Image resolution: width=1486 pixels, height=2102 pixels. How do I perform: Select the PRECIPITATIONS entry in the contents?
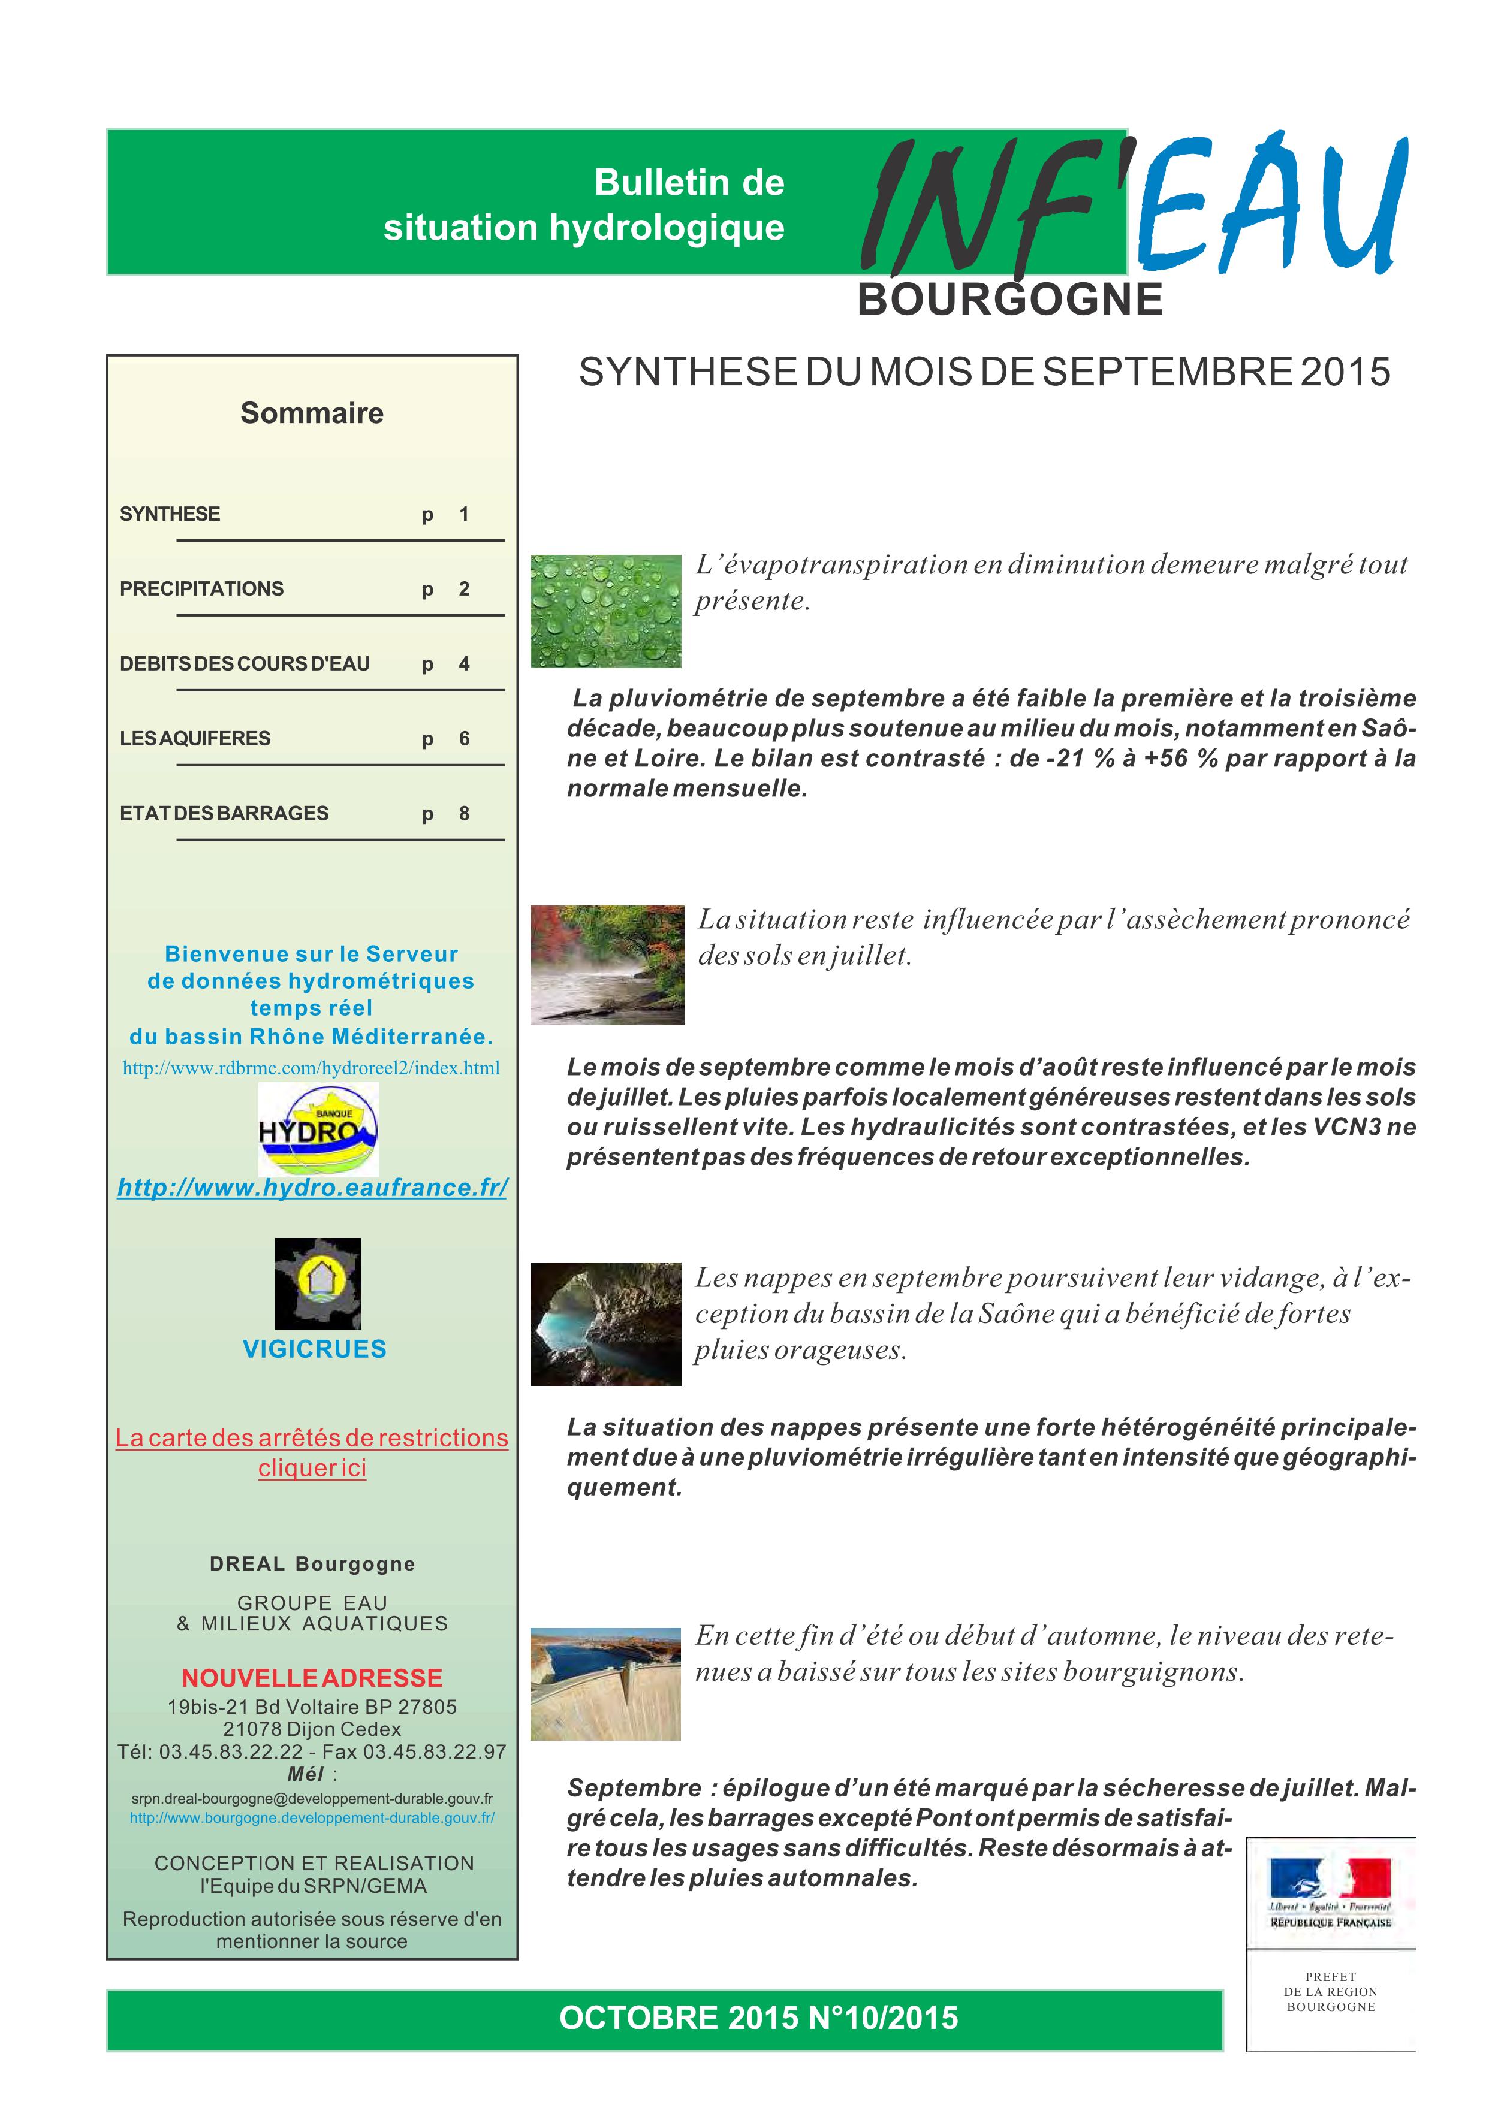pyautogui.click(x=201, y=588)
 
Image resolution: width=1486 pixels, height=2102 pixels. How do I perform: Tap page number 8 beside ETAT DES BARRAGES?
pyautogui.click(x=464, y=814)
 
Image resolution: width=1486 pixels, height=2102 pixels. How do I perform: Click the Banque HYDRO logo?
pyautogui.click(x=318, y=1129)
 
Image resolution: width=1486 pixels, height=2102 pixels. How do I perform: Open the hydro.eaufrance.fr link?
pyautogui.click(x=312, y=1188)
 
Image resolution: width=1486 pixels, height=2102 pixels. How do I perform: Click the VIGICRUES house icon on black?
pyautogui.click(x=318, y=1283)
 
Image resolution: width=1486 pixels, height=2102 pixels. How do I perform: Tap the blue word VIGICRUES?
pyautogui.click(x=314, y=1349)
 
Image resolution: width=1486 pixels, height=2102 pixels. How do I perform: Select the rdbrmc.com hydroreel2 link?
pyautogui.click(x=311, y=1068)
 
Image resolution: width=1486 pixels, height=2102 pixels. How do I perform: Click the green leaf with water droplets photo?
pyautogui.click(x=605, y=611)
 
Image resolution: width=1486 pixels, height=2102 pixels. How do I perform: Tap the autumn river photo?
pyautogui.click(x=607, y=965)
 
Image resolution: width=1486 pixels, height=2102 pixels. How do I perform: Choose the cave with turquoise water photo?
pyautogui.click(x=605, y=1324)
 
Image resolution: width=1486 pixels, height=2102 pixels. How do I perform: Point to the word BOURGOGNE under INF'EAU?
pyautogui.click(x=1010, y=300)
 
